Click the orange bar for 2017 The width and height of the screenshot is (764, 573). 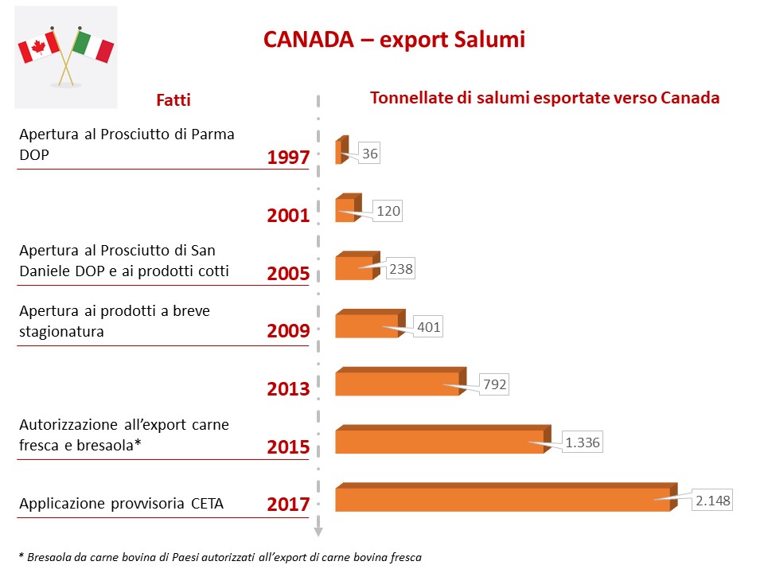501,499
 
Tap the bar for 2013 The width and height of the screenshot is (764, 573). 397,384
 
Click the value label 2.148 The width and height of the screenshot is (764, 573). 711,501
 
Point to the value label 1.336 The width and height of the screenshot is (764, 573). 583,442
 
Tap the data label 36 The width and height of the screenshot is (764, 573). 369,154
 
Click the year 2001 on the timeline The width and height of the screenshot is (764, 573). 288,215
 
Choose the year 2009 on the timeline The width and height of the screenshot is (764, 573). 288,330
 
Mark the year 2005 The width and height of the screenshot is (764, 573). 288,273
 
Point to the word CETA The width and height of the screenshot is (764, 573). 207,503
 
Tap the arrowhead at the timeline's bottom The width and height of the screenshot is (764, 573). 318,532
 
